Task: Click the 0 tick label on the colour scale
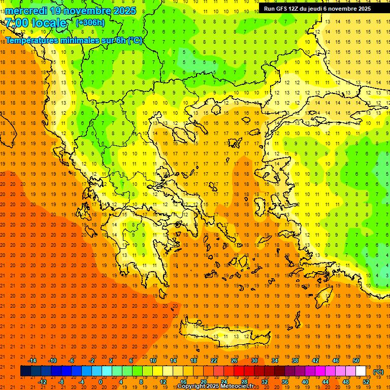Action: pyautogui.click(x=101, y=382)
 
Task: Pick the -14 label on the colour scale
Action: pyautogui.click(x=32, y=360)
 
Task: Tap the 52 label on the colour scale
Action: pyautogui.click(x=366, y=382)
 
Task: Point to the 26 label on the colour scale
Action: pyautogui.click(x=234, y=360)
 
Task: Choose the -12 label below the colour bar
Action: pyautogui.click(x=42, y=382)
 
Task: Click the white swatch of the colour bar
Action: pyautogui.click(x=361, y=371)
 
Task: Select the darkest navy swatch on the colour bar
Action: pyautogui.click(x=26, y=371)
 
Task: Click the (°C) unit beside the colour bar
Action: pyautogui.click(x=378, y=372)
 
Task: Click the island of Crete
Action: pyautogui.click(x=223, y=336)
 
